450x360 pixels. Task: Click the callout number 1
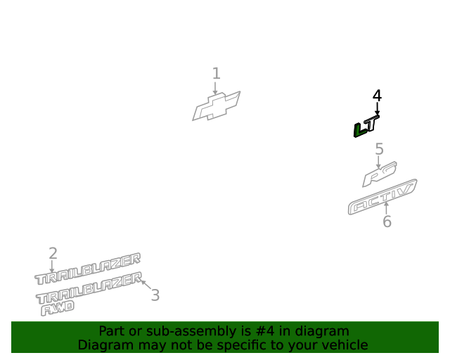pos(217,73)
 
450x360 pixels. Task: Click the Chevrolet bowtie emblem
pos(217,106)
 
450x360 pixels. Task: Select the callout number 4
pos(377,96)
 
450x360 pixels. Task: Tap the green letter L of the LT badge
pos(360,130)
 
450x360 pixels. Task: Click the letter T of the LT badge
pos(373,123)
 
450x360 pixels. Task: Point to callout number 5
pos(379,149)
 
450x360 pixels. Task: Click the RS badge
pos(380,174)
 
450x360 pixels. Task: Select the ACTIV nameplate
pos(382,197)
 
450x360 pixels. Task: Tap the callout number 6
pos(387,221)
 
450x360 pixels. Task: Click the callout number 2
pos(53,254)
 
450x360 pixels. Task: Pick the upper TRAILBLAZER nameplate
pos(87,269)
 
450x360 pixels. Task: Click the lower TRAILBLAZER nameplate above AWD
pos(89,288)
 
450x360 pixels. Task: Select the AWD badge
pos(58,308)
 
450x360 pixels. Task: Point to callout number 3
pos(155,295)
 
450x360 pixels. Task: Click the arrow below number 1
pos(215,88)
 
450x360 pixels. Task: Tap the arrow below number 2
pos(51,266)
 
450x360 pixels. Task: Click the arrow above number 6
pos(386,208)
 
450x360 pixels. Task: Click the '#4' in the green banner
pos(264,331)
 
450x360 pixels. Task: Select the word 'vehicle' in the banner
pos(349,345)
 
